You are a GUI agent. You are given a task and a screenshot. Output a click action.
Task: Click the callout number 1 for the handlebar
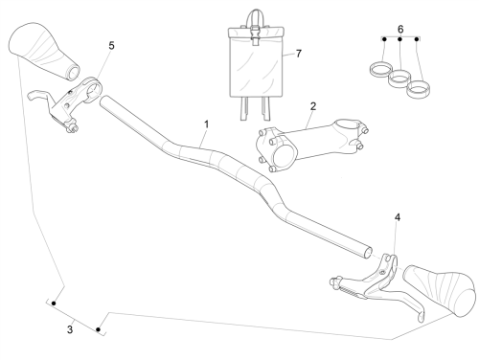[x=207, y=124]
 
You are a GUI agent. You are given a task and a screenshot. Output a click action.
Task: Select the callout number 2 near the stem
[x=313, y=106]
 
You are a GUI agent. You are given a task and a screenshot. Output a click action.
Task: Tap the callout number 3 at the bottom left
[x=70, y=329]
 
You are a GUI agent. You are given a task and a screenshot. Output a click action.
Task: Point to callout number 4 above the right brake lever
[x=398, y=217]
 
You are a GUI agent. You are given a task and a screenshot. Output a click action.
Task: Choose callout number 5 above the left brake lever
[x=111, y=46]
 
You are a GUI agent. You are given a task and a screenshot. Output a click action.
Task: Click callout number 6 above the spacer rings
[x=400, y=30]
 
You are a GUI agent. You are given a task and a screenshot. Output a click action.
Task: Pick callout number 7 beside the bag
[x=299, y=54]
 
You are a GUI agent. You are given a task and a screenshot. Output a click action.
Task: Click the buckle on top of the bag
[x=255, y=35]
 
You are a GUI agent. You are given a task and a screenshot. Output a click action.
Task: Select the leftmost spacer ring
[x=380, y=70]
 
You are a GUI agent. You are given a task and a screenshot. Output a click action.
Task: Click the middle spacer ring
[x=399, y=79]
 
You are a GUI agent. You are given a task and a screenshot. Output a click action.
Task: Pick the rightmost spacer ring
[x=418, y=89]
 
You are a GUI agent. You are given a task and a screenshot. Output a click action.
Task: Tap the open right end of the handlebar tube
[x=368, y=252]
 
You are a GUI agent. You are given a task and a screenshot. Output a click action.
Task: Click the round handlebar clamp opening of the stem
[x=285, y=156]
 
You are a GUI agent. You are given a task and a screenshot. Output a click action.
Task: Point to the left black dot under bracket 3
[x=54, y=304]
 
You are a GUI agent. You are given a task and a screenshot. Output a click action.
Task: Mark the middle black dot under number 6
[x=399, y=39]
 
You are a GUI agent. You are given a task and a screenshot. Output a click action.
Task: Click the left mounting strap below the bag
[x=244, y=108]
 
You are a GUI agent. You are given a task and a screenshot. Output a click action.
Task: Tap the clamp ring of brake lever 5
[x=93, y=89]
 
